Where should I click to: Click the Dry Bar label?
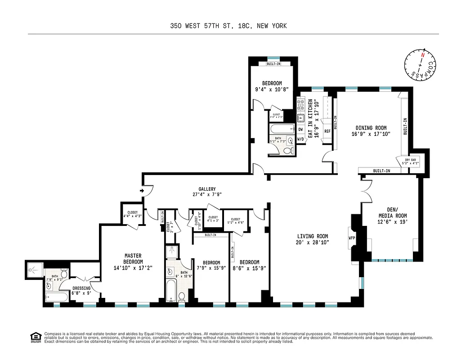coord(411,161)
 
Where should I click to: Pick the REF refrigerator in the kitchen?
coord(327,131)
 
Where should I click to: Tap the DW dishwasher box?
coord(300,129)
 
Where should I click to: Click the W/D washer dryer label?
coord(300,139)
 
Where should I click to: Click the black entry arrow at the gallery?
coord(142,191)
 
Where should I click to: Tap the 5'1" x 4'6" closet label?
coord(235,220)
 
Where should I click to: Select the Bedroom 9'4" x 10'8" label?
coord(272,86)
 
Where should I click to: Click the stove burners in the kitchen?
coord(300,105)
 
